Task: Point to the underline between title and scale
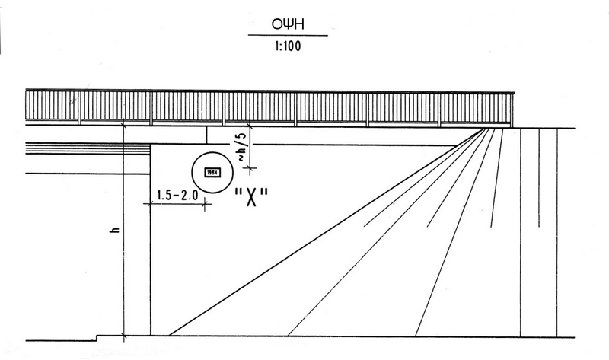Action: tap(288, 36)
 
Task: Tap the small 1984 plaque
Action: tap(209, 172)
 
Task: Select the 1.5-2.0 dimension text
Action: tap(177, 195)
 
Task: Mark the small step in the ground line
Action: tap(96, 336)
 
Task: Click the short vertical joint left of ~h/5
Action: tap(206, 134)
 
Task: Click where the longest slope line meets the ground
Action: tap(169, 334)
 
